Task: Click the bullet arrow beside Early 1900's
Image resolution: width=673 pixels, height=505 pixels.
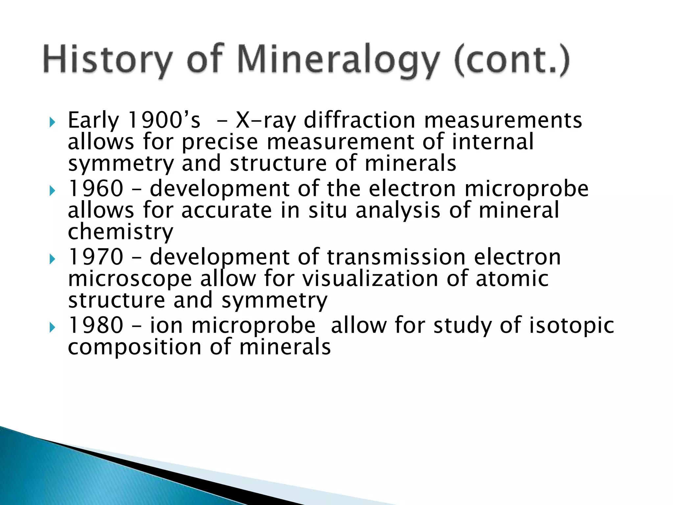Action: pyautogui.click(x=52, y=123)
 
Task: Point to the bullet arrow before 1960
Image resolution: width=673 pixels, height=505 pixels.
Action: pyautogui.click(x=52, y=191)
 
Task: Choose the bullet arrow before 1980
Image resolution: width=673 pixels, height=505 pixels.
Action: pyautogui.click(x=52, y=327)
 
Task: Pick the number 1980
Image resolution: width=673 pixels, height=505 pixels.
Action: pyautogui.click(x=96, y=325)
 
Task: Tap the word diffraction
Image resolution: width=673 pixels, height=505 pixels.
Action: pyautogui.click(x=360, y=120)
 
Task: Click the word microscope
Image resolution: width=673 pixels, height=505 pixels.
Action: pyautogui.click(x=130, y=279)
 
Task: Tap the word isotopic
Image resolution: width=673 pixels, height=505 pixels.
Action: pyautogui.click(x=571, y=326)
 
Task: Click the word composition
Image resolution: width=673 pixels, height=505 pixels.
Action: pyautogui.click(x=134, y=348)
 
